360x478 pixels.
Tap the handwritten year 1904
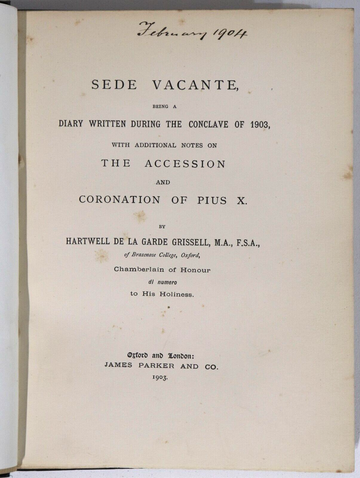tap(224, 33)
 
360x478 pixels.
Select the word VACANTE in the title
tap(202, 86)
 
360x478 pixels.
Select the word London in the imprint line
tap(204, 353)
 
